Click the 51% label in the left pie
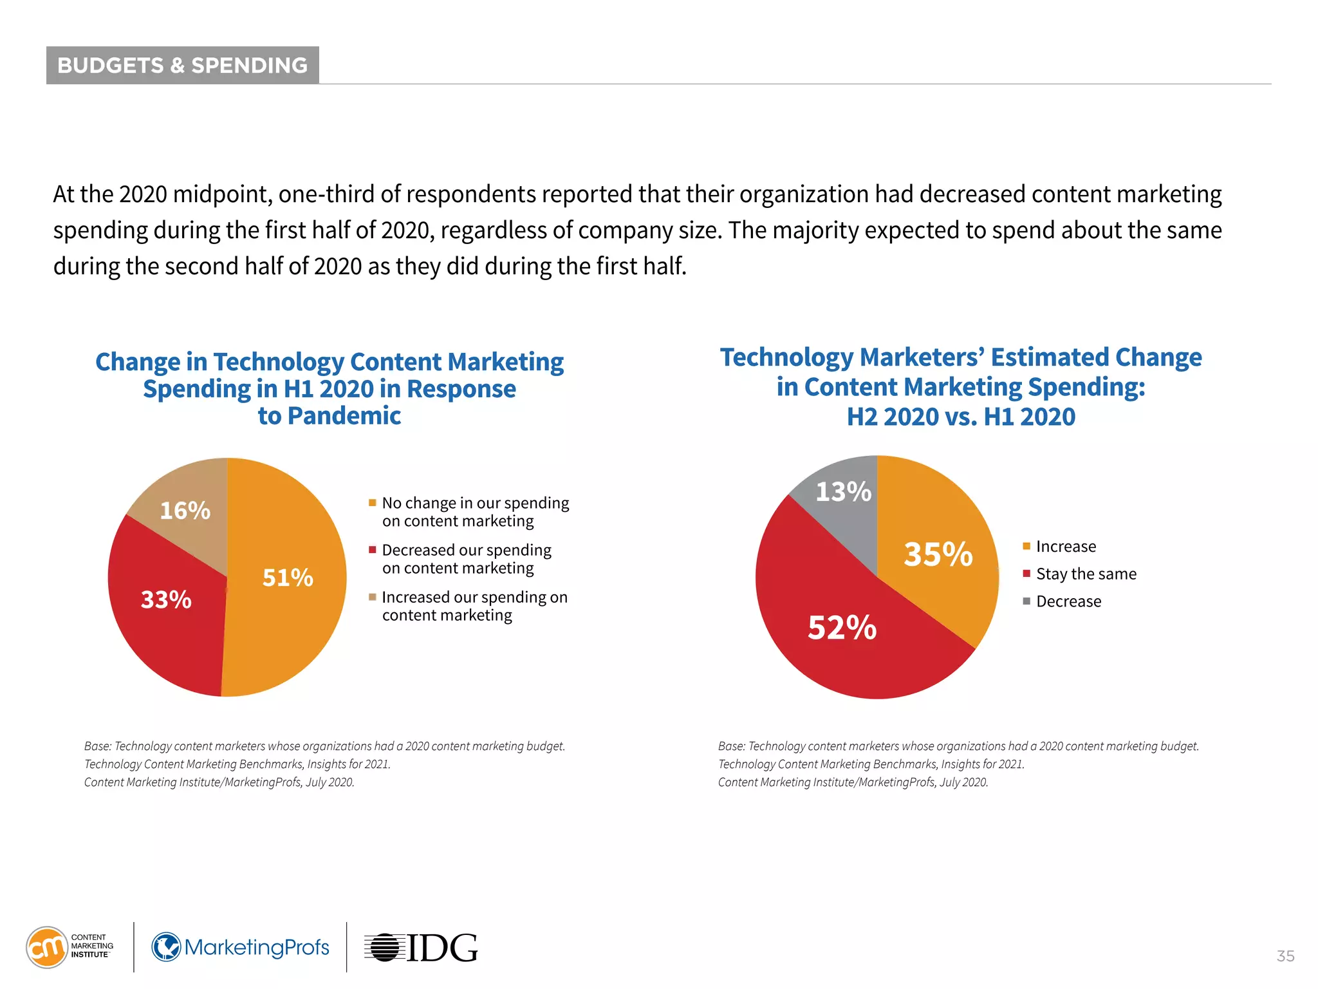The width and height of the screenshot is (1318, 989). [x=288, y=578]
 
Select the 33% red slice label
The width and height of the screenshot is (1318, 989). [x=166, y=599]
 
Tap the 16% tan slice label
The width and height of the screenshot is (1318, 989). [x=185, y=511]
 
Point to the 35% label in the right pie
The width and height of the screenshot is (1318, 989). [x=938, y=554]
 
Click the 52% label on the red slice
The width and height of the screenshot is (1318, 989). [x=842, y=628]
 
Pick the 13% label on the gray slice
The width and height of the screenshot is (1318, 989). [x=843, y=492]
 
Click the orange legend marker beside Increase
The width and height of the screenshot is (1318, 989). [x=1026, y=547]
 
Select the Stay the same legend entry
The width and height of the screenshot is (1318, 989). [x=1086, y=574]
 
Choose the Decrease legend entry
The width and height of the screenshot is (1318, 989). [x=1068, y=601]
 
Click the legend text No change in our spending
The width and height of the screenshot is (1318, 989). [x=475, y=503]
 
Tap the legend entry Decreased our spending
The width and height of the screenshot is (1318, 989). [x=466, y=551]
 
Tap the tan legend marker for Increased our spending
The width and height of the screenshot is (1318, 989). [x=372, y=598]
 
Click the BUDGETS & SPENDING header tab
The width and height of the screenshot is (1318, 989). [x=183, y=65]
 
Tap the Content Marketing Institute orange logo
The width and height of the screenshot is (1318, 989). [x=47, y=947]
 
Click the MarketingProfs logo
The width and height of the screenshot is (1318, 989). [x=241, y=947]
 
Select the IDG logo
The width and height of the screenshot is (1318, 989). [x=422, y=947]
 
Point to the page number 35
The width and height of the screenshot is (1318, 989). [x=1285, y=956]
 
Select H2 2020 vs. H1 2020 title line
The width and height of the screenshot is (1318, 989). [x=961, y=417]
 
